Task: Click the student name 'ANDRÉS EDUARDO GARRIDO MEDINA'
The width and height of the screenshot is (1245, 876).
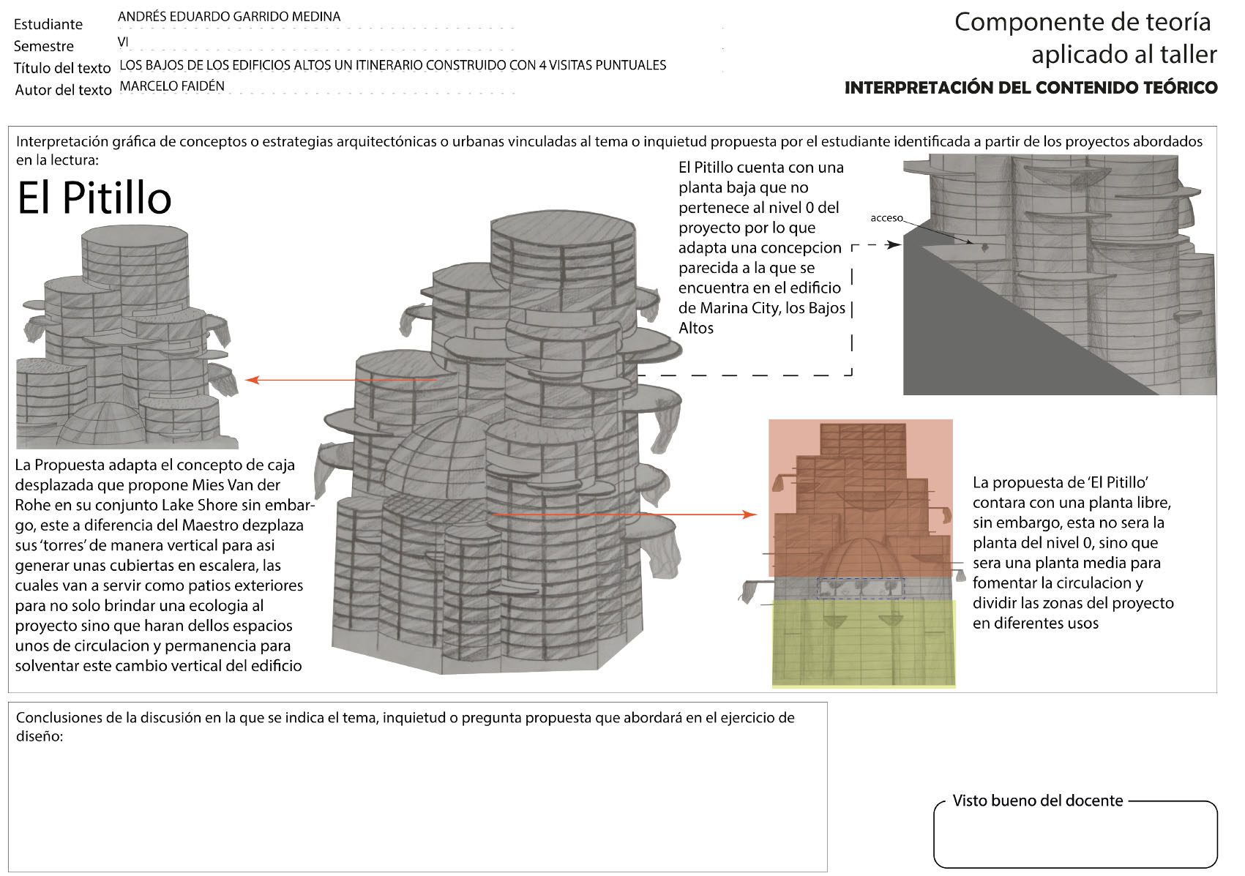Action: (x=229, y=16)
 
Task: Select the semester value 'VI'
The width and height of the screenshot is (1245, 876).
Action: (x=123, y=42)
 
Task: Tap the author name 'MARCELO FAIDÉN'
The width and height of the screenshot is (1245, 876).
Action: (x=172, y=86)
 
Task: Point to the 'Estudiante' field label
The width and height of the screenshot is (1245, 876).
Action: (x=48, y=24)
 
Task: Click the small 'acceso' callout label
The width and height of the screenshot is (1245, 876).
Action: (x=886, y=218)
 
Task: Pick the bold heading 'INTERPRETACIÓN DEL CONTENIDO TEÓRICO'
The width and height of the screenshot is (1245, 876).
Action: (x=1031, y=88)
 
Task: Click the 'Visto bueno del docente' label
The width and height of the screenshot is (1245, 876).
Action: (x=1037, y=801)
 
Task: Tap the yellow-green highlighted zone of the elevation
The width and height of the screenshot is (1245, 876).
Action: (x=864, y=644)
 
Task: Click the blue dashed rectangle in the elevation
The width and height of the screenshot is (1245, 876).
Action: (x=861, y=588)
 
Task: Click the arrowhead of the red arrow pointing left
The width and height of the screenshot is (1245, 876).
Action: (x=250, y=380)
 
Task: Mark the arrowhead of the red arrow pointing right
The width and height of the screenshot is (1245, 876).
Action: (x=751, y=514)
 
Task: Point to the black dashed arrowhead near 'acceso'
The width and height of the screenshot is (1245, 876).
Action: (x=894, y=244)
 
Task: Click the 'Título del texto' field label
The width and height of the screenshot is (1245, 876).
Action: (x=62, y=68)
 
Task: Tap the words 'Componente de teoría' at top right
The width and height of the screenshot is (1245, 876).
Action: (x=1083, y=22)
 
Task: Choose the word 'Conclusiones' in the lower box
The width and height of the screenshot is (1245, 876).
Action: (x=59, y=718)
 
